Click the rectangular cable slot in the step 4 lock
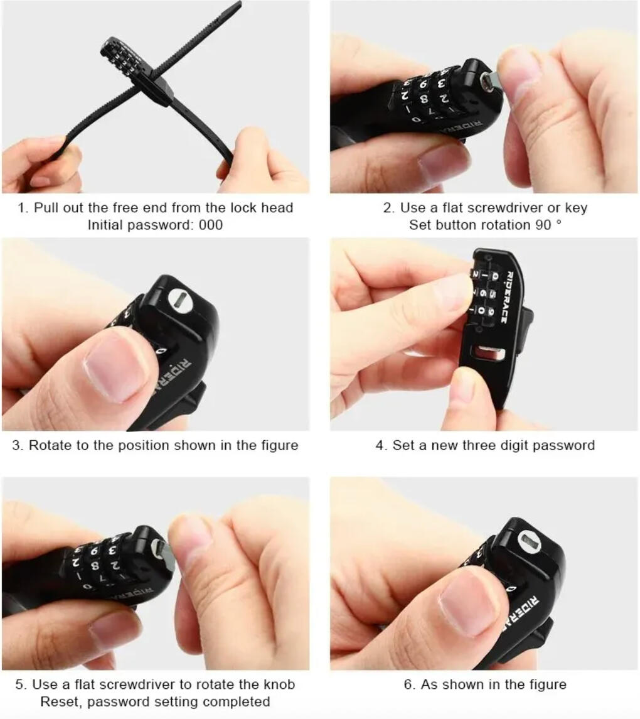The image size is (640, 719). point(489,353)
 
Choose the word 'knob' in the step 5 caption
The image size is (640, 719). point(279,684)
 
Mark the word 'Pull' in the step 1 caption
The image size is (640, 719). point(46,208)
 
